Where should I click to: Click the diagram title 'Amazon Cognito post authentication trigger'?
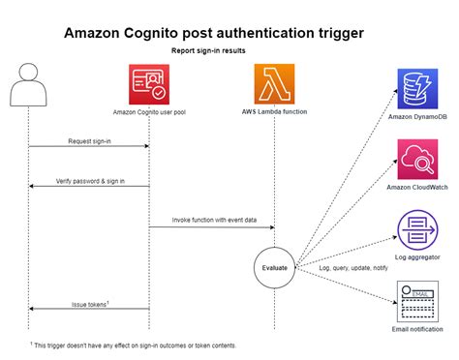(214, 33)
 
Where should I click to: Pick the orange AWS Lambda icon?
(274, 85)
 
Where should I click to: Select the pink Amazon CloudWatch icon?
(414, 159)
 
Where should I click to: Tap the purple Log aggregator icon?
(414, 226)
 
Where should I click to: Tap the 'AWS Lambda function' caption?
(274, 112)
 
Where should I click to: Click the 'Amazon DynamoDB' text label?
(414, 119)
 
